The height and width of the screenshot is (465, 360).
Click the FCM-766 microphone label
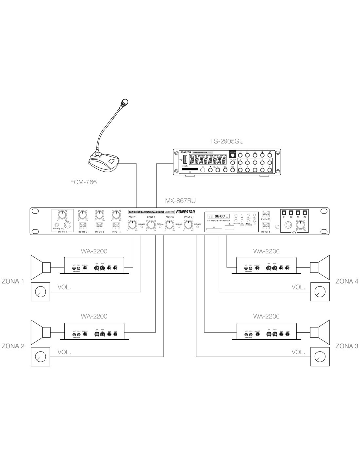pyautogui.click(x=83, y=182)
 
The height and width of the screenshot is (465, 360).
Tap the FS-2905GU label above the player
pyautogui.click(x=227, y=141)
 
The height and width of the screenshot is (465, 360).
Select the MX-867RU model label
pyautogui.click(x=181, y=201)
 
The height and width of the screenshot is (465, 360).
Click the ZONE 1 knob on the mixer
pyautogui.click(x=132, y=225)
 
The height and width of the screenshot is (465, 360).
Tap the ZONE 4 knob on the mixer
pyautogui.click(x=188, y=225)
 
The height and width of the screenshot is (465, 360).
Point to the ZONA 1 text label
pyautogui.click(x=13, y=281)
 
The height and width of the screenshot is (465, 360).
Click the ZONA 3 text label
pyautogui.click(x=347, y=346)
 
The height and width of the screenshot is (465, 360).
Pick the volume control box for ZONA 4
pyautogui.click(x=319, y=292)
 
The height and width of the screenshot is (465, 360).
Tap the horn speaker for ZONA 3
pyautogui.click(x=319, y=332)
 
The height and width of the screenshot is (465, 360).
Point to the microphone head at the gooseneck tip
pyautogui.click(x=124, y=103)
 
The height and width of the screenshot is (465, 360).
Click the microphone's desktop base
pyautogui.click(x=104, y=163)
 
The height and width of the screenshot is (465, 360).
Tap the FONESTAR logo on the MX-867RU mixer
pyautogui.click(x=185, y=212)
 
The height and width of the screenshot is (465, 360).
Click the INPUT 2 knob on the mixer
pyautogui.click(x=83, y=215)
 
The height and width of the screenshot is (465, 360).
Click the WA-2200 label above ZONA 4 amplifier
pyautogui.click(x=266, y=251)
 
